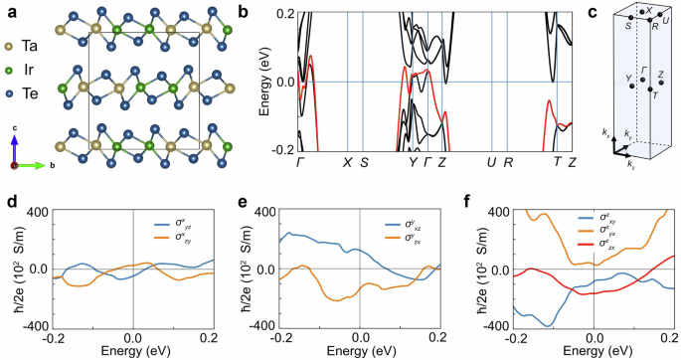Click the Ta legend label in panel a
(x=30, y=47)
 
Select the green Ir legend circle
(x=9, y=72)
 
